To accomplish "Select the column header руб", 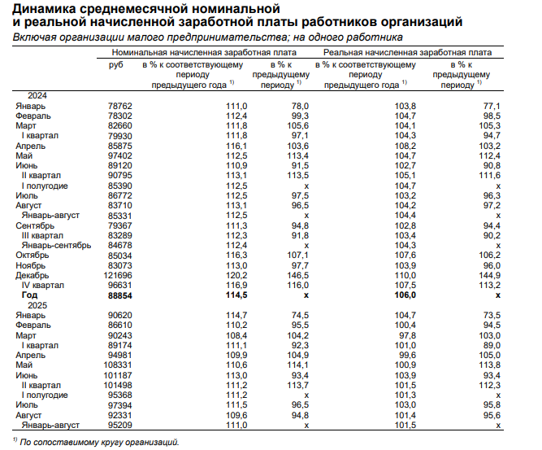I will pyautogui.click(x=115, y=63).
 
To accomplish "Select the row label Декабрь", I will pyautogui.click(x=32, y=276).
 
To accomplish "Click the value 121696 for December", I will pyautogui.click(x=119, y=276).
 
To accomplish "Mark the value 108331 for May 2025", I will pyautogui.click(x=119, y=365).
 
